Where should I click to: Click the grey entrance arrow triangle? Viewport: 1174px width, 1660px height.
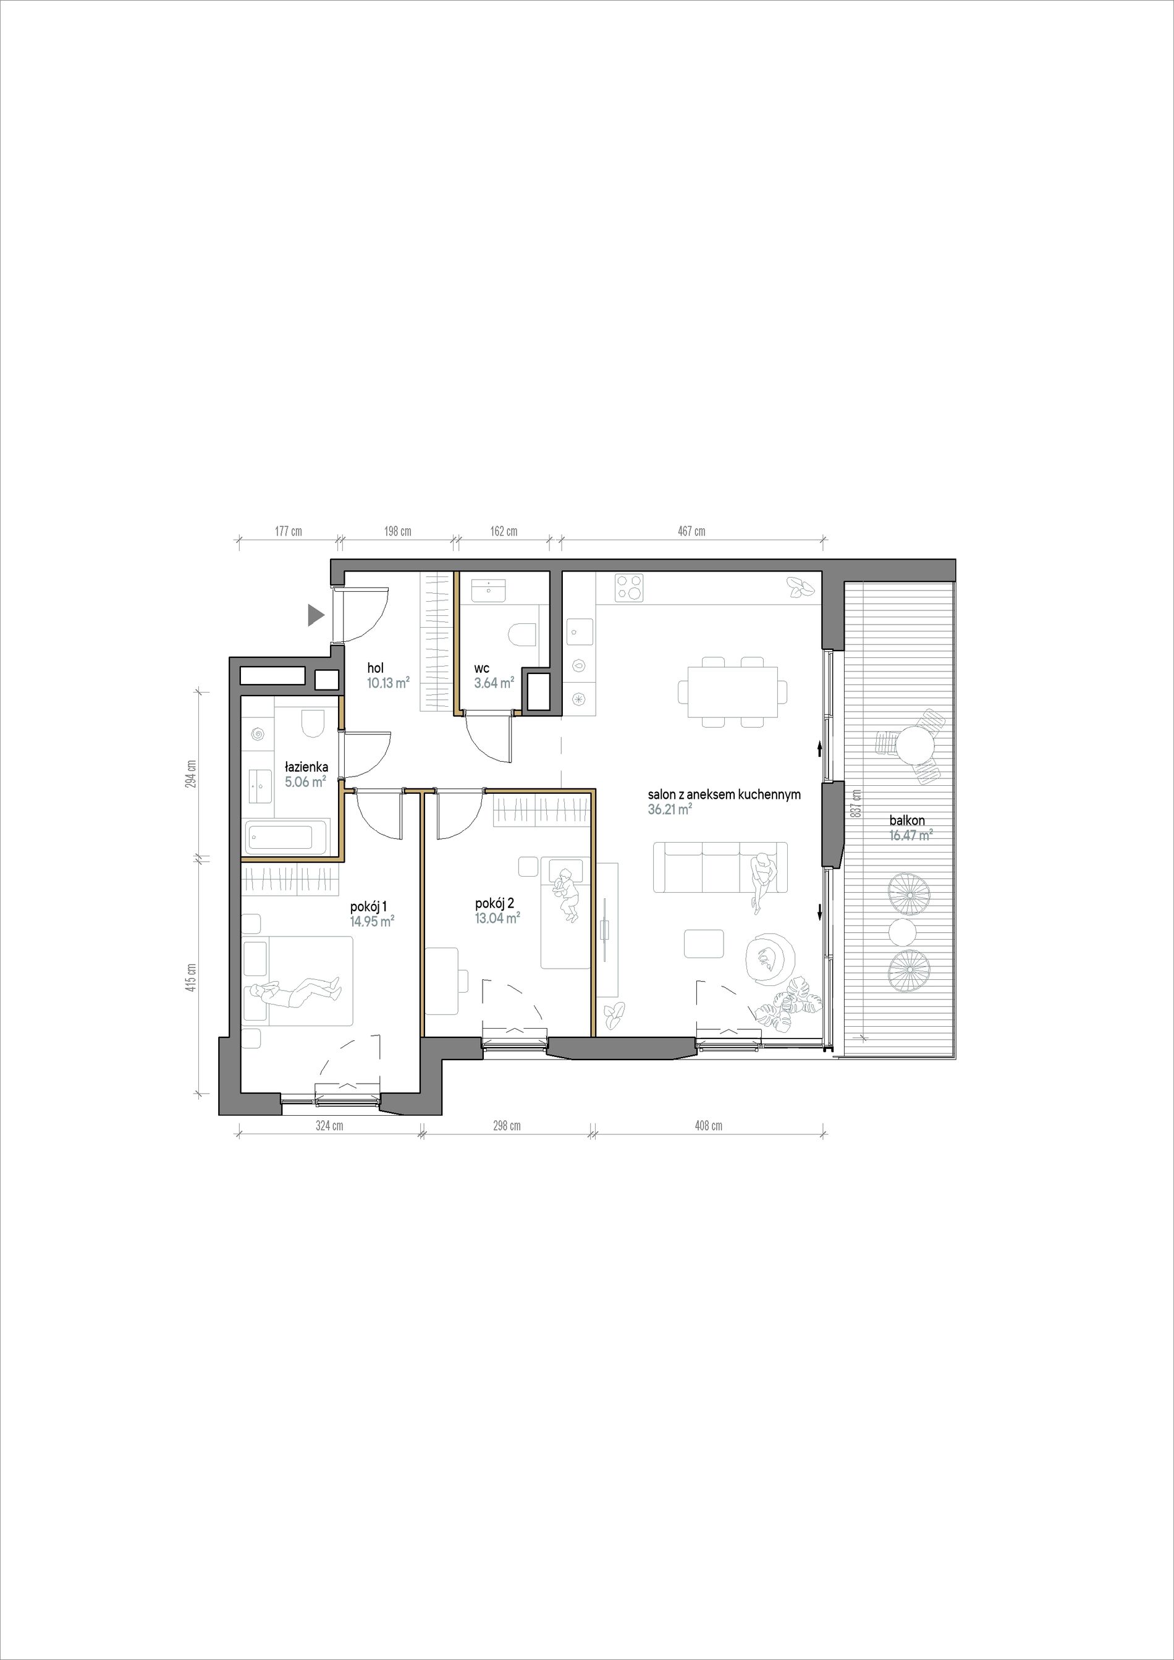point(315,615)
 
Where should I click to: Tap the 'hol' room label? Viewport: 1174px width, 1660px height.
point(375,668)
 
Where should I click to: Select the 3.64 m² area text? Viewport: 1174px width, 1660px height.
point(494,682)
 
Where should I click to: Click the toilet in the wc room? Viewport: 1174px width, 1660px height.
point(522,636)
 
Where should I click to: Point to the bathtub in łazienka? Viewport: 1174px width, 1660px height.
point(281,838)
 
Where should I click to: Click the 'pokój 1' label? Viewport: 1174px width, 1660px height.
point(369,907)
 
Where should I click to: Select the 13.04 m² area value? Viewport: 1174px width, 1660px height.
point(497,918)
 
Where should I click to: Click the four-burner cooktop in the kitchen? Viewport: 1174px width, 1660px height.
point(629,588)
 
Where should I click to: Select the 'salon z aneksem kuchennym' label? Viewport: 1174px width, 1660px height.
point(724,794)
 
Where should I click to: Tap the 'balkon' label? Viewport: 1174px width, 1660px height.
point(906,820)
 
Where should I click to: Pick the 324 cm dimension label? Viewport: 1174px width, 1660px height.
point(329,1126)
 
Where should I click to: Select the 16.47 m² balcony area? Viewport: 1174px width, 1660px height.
point(911,835)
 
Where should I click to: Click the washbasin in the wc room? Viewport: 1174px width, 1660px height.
point(492,589)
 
